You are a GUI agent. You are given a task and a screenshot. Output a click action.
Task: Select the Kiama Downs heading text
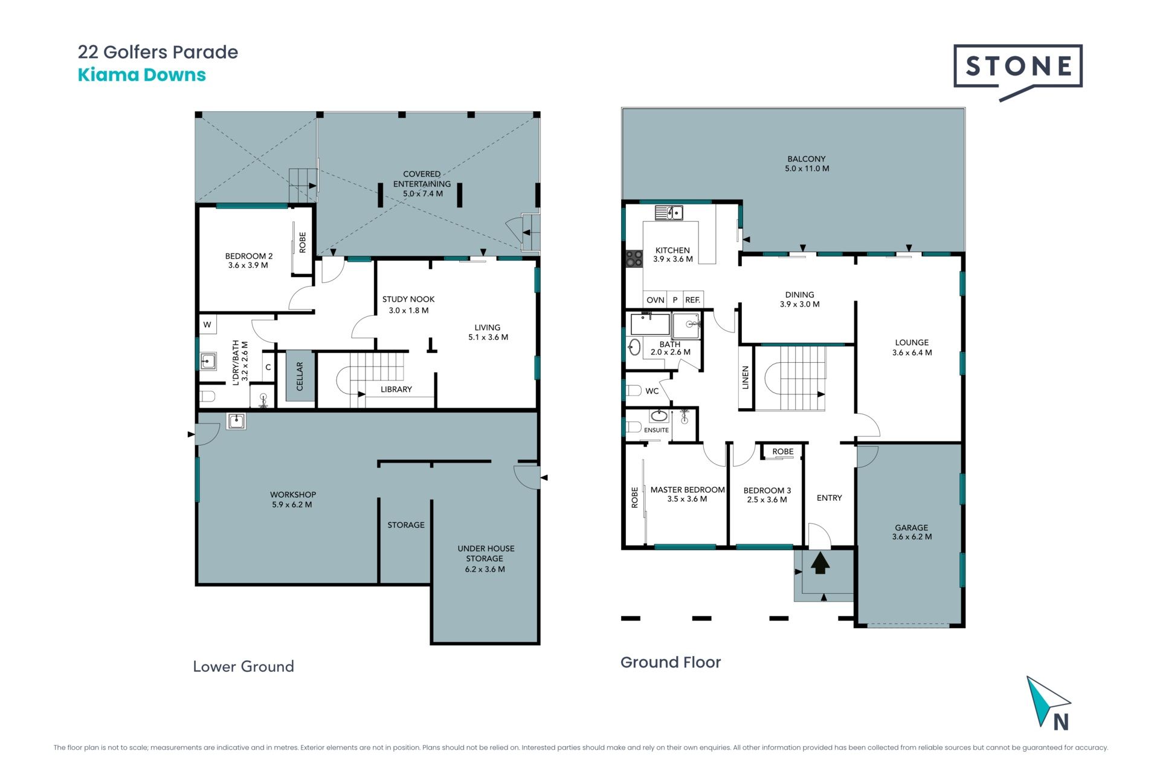coord(142,75)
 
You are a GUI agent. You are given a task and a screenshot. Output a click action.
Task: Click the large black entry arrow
coord(820,563)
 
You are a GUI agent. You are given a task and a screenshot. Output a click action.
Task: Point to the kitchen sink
coord(669,213)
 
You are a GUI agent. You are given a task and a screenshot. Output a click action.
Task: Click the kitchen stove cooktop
coord(634,259)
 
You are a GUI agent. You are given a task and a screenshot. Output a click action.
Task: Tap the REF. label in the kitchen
coord(693,300)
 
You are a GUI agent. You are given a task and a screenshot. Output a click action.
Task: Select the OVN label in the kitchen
coord(656,300)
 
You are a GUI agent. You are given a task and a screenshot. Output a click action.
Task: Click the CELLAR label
coord(300,376)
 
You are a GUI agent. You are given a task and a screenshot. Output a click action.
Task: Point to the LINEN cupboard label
coord(746,377)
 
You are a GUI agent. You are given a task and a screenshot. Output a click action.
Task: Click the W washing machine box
coord(207,325)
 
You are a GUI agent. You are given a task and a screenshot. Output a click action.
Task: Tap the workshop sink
coord(236,421)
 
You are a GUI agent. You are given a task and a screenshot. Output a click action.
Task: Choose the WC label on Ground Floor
coord(652,391)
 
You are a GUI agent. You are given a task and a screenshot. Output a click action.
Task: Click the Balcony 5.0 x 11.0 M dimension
coord(807,169)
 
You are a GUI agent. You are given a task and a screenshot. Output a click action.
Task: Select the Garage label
coord(912,527)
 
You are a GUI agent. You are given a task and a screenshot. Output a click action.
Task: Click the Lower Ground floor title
coord(243,666)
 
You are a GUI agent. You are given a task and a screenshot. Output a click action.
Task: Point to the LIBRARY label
coord(396,389)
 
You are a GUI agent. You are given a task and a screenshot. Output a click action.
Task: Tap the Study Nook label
coord(408,299)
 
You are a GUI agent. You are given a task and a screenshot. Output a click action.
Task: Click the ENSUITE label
coord(656,430)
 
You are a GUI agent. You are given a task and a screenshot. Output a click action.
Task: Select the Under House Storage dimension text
coord(485,569)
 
